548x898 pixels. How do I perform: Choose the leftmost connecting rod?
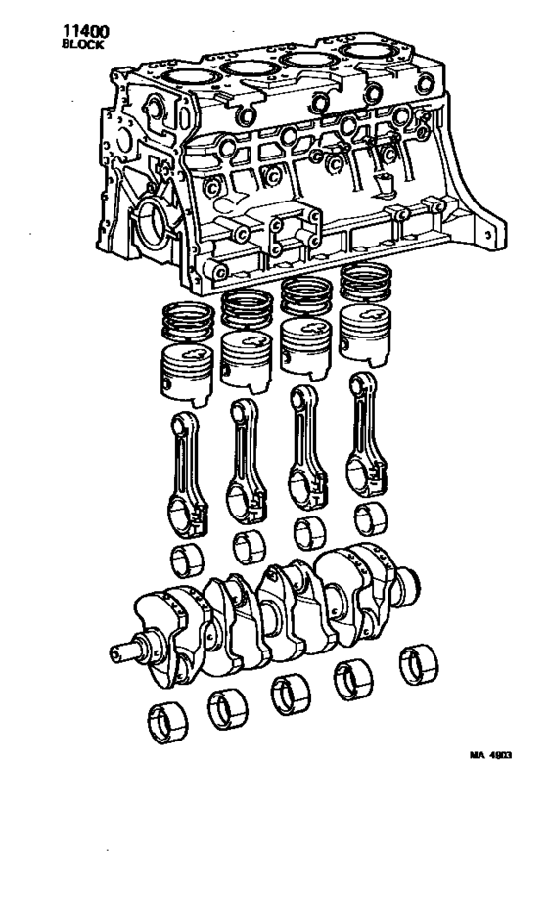(x=187, y=470)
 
